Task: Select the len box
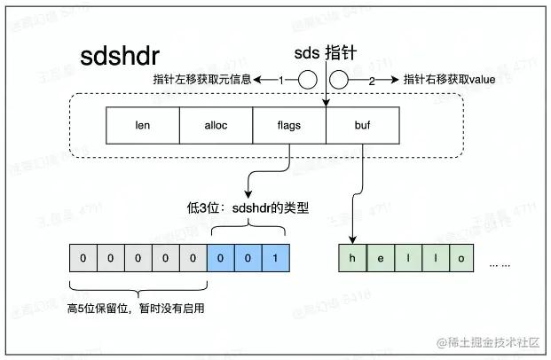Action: coord(142,126)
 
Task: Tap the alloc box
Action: coord(216,126)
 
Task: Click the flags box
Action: coord(289,126)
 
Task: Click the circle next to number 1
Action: coord(306,80)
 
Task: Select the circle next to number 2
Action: coord(338,80)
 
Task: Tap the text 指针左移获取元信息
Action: coord(203,80)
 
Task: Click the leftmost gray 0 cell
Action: coord(83,258)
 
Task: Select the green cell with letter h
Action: coord(352,258)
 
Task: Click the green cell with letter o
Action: coord(461,258)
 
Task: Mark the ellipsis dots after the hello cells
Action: coord(500,263)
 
